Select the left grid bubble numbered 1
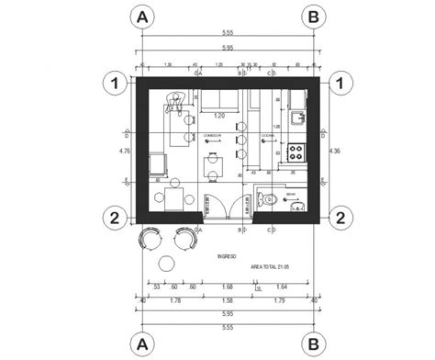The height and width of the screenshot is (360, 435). tap(115, 83)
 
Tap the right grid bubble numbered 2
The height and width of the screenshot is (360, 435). tap(340, 218)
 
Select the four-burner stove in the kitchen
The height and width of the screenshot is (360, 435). tap(297, 151)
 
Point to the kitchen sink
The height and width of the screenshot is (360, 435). tap(296, 117)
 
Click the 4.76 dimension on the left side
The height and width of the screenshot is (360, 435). tap(126, 150)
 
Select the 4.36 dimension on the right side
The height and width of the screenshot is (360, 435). tap(333, 150)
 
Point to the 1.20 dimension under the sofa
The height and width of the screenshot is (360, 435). tap(219, 117)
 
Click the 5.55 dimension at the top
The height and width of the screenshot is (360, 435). tap(227, 33)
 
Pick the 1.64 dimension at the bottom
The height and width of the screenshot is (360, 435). tap(280, 287)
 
